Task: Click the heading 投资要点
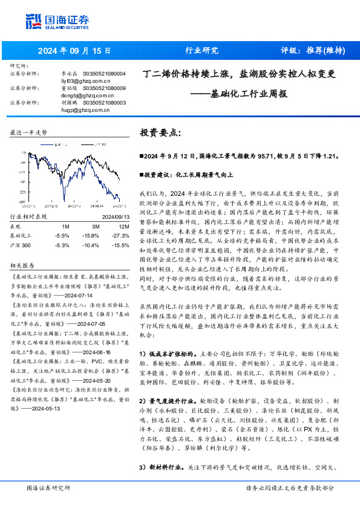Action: [160, 131]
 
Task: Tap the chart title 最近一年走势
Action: [29, 132]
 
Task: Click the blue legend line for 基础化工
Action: [47, 145]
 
